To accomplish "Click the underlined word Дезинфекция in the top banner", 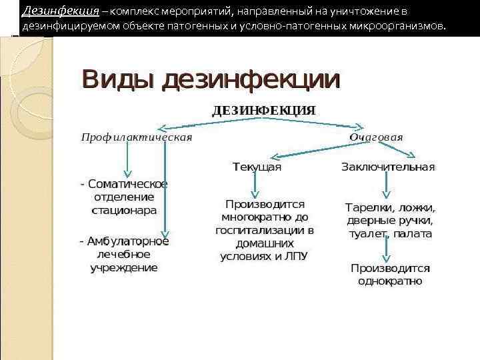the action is pyautogui.click(x=61, y=11).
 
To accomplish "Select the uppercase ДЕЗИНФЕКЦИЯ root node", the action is pyautogui.click(x=263, y=110).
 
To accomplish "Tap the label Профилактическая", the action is pyautogui.click(x=137, y=137).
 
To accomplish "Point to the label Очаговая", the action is pyautogui.click(x=376, y=137).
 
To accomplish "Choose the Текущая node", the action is pyautogui.click(x=257, y=167).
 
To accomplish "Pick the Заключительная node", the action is pyautogui.click(x=388, y=167).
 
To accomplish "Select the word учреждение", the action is pyautogui.click(x=124, y=267).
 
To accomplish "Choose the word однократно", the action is pyautogui.click(x=390, y=281).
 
